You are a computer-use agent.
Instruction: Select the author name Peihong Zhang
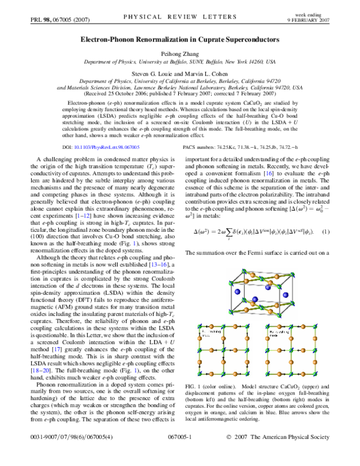[180, 53]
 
